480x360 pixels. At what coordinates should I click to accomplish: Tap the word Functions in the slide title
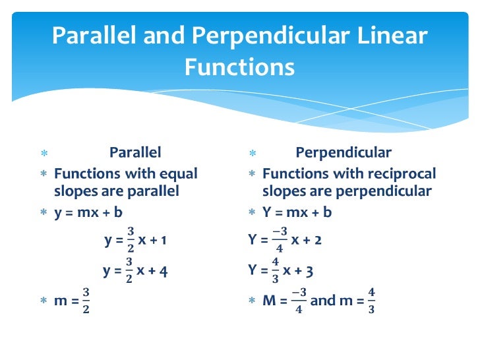239,67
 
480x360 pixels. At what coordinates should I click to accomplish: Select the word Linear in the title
394,36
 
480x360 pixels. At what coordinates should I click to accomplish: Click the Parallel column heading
135,153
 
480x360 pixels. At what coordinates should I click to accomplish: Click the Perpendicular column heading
344,153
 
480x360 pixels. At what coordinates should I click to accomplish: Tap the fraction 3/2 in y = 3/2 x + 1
130,240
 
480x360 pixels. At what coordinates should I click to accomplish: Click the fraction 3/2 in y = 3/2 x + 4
129,270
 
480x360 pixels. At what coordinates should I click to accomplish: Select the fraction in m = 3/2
86,301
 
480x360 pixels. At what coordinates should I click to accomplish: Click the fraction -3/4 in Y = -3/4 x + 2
280,240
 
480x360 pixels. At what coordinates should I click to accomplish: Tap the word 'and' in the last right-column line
323,301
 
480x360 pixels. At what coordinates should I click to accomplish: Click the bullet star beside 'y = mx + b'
44,213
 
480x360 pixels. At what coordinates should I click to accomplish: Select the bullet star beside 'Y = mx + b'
252,213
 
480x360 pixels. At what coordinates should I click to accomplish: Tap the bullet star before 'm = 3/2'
44,301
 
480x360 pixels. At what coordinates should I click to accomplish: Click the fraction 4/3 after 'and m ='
371,301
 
